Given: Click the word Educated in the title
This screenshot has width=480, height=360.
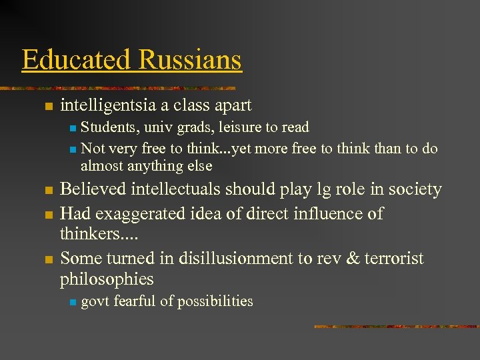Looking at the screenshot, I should pos(76,60).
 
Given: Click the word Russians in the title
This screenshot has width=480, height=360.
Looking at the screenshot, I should pos(189,60).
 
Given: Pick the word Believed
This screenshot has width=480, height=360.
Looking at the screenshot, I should pos(95,190).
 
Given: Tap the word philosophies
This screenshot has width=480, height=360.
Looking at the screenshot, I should pos(107,279).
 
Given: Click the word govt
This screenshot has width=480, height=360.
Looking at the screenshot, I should pos(95,301).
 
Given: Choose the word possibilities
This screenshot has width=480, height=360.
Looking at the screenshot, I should pos(213,301).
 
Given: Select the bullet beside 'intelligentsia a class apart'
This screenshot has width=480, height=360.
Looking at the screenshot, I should pos(47,107).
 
